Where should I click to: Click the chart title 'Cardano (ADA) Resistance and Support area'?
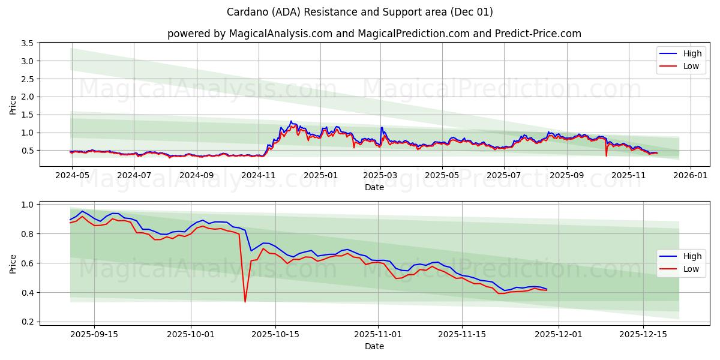click(360, 12)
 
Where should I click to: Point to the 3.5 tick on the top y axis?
click(26, 43)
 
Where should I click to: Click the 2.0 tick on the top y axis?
click(26, 97)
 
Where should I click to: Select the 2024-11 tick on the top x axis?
click(259, 176)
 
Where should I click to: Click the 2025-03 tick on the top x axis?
click(381, 176)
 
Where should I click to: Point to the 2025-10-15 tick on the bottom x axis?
click(275, 335)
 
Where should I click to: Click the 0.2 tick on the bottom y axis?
click(26, 322)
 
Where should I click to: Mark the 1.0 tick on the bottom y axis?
click(26, 205)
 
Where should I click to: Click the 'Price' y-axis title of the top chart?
click(13, 105)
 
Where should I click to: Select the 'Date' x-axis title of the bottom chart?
click(374, 346)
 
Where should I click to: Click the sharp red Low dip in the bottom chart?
click(245, 301)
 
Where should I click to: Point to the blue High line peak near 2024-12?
click(291, 121)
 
